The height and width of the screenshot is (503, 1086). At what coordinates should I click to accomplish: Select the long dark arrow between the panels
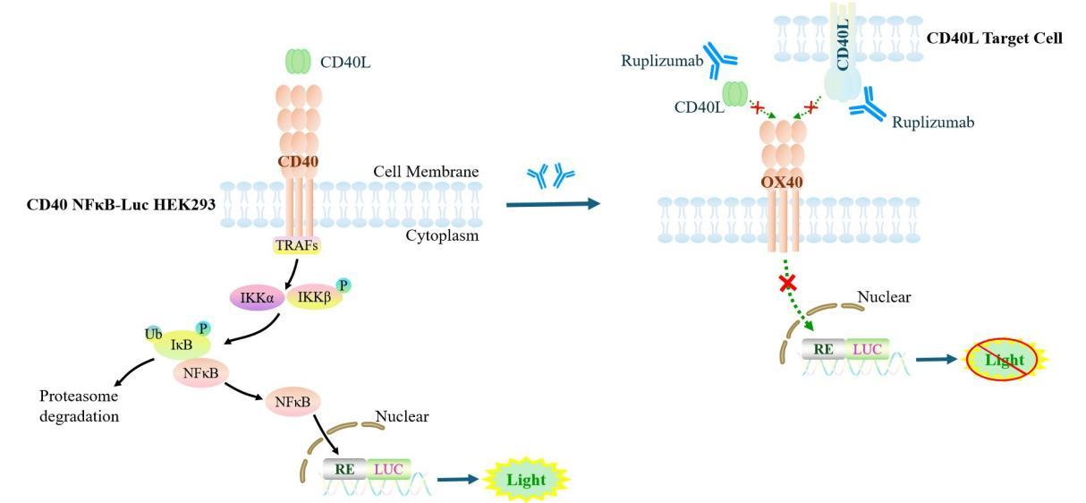pos(552,204)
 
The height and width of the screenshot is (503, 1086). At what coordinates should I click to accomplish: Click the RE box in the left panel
pos(344,468)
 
